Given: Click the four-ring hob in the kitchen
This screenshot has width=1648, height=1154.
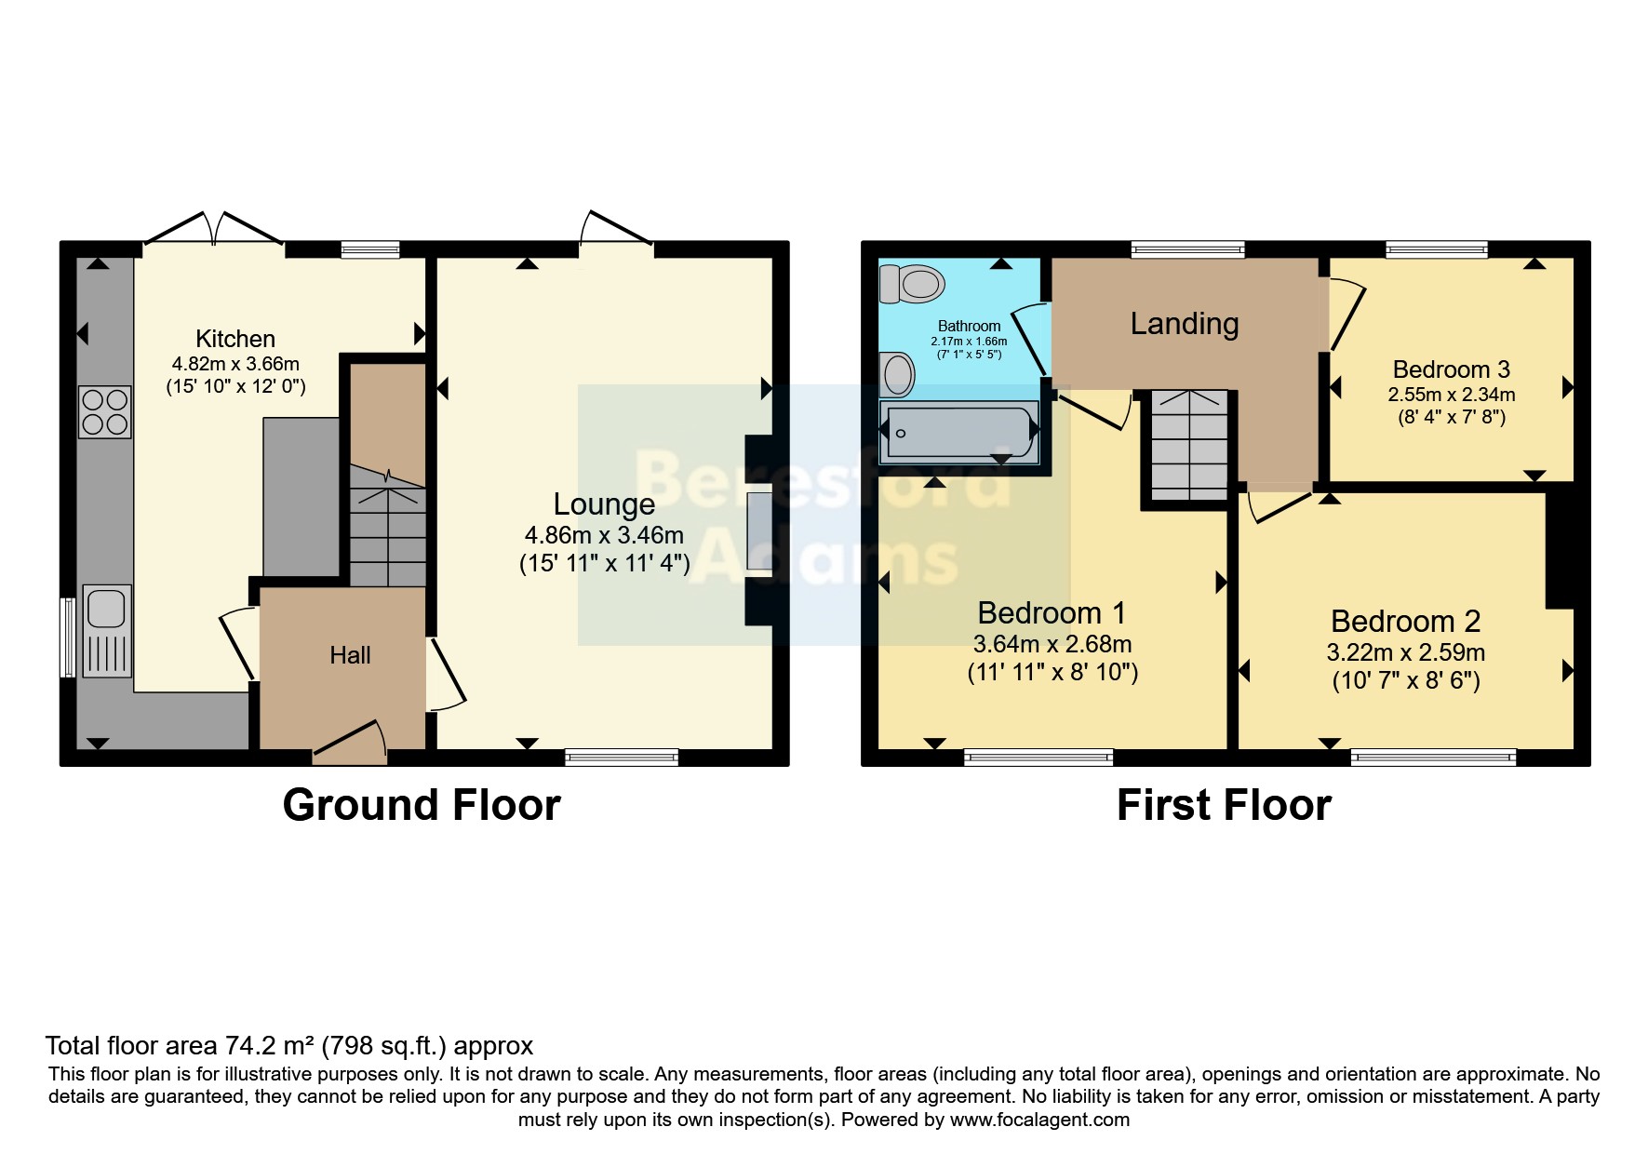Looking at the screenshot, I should pyautogui.click(x=105, y=411).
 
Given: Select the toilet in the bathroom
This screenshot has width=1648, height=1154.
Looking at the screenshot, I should pyautogui.click(x=912, y=283).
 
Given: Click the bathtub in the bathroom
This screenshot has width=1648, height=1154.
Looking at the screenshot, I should pyautogui.click(x=959, y=431).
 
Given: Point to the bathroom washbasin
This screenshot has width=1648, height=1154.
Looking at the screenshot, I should pyautogui.click(x=898, y=375).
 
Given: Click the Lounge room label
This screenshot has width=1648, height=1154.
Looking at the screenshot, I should pyautogui.click(x=604, y=504).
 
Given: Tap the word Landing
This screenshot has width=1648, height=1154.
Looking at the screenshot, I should pyautogui.click(x=1184, y=324).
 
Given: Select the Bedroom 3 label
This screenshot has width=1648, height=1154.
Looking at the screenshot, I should pyautogui.click(x=1451, y=369).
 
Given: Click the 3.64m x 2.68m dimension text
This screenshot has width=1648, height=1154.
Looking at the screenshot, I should pyautogui.click(x=1052, y=644).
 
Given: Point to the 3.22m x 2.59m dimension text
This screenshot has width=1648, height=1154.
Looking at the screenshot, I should pyautogui.click(x=1405, y=652).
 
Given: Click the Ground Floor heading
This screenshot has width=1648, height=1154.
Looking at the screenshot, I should pyautogui.click(x=421, y=805).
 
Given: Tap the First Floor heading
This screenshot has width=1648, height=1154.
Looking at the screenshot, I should pyautogui.click(x=1223, y=805).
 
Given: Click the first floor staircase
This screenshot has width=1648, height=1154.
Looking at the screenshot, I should pyautogui.click(x=1189, y=445).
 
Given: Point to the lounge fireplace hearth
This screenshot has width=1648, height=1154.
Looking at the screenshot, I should pyautogui.click(x=758, y=531).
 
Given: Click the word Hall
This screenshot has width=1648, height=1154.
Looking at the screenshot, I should pyautogui.click(x=350, y=655).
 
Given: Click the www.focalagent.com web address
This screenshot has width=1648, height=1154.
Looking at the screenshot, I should pyautogui.click(x=1039, y=1120).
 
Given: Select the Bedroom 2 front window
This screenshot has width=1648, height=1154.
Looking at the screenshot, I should pyautogui.click(x=1433, y=758).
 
